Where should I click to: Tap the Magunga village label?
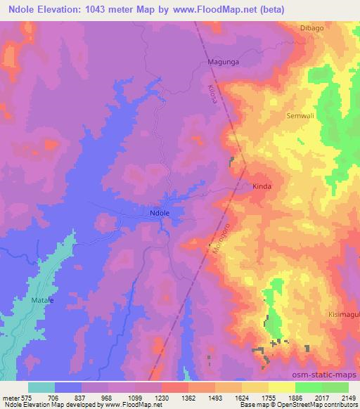(x=224, y=62)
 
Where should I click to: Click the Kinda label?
(x=262, y=187)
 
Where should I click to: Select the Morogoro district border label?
(x=218, y=240)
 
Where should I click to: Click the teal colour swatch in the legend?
(x=41, y=387)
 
